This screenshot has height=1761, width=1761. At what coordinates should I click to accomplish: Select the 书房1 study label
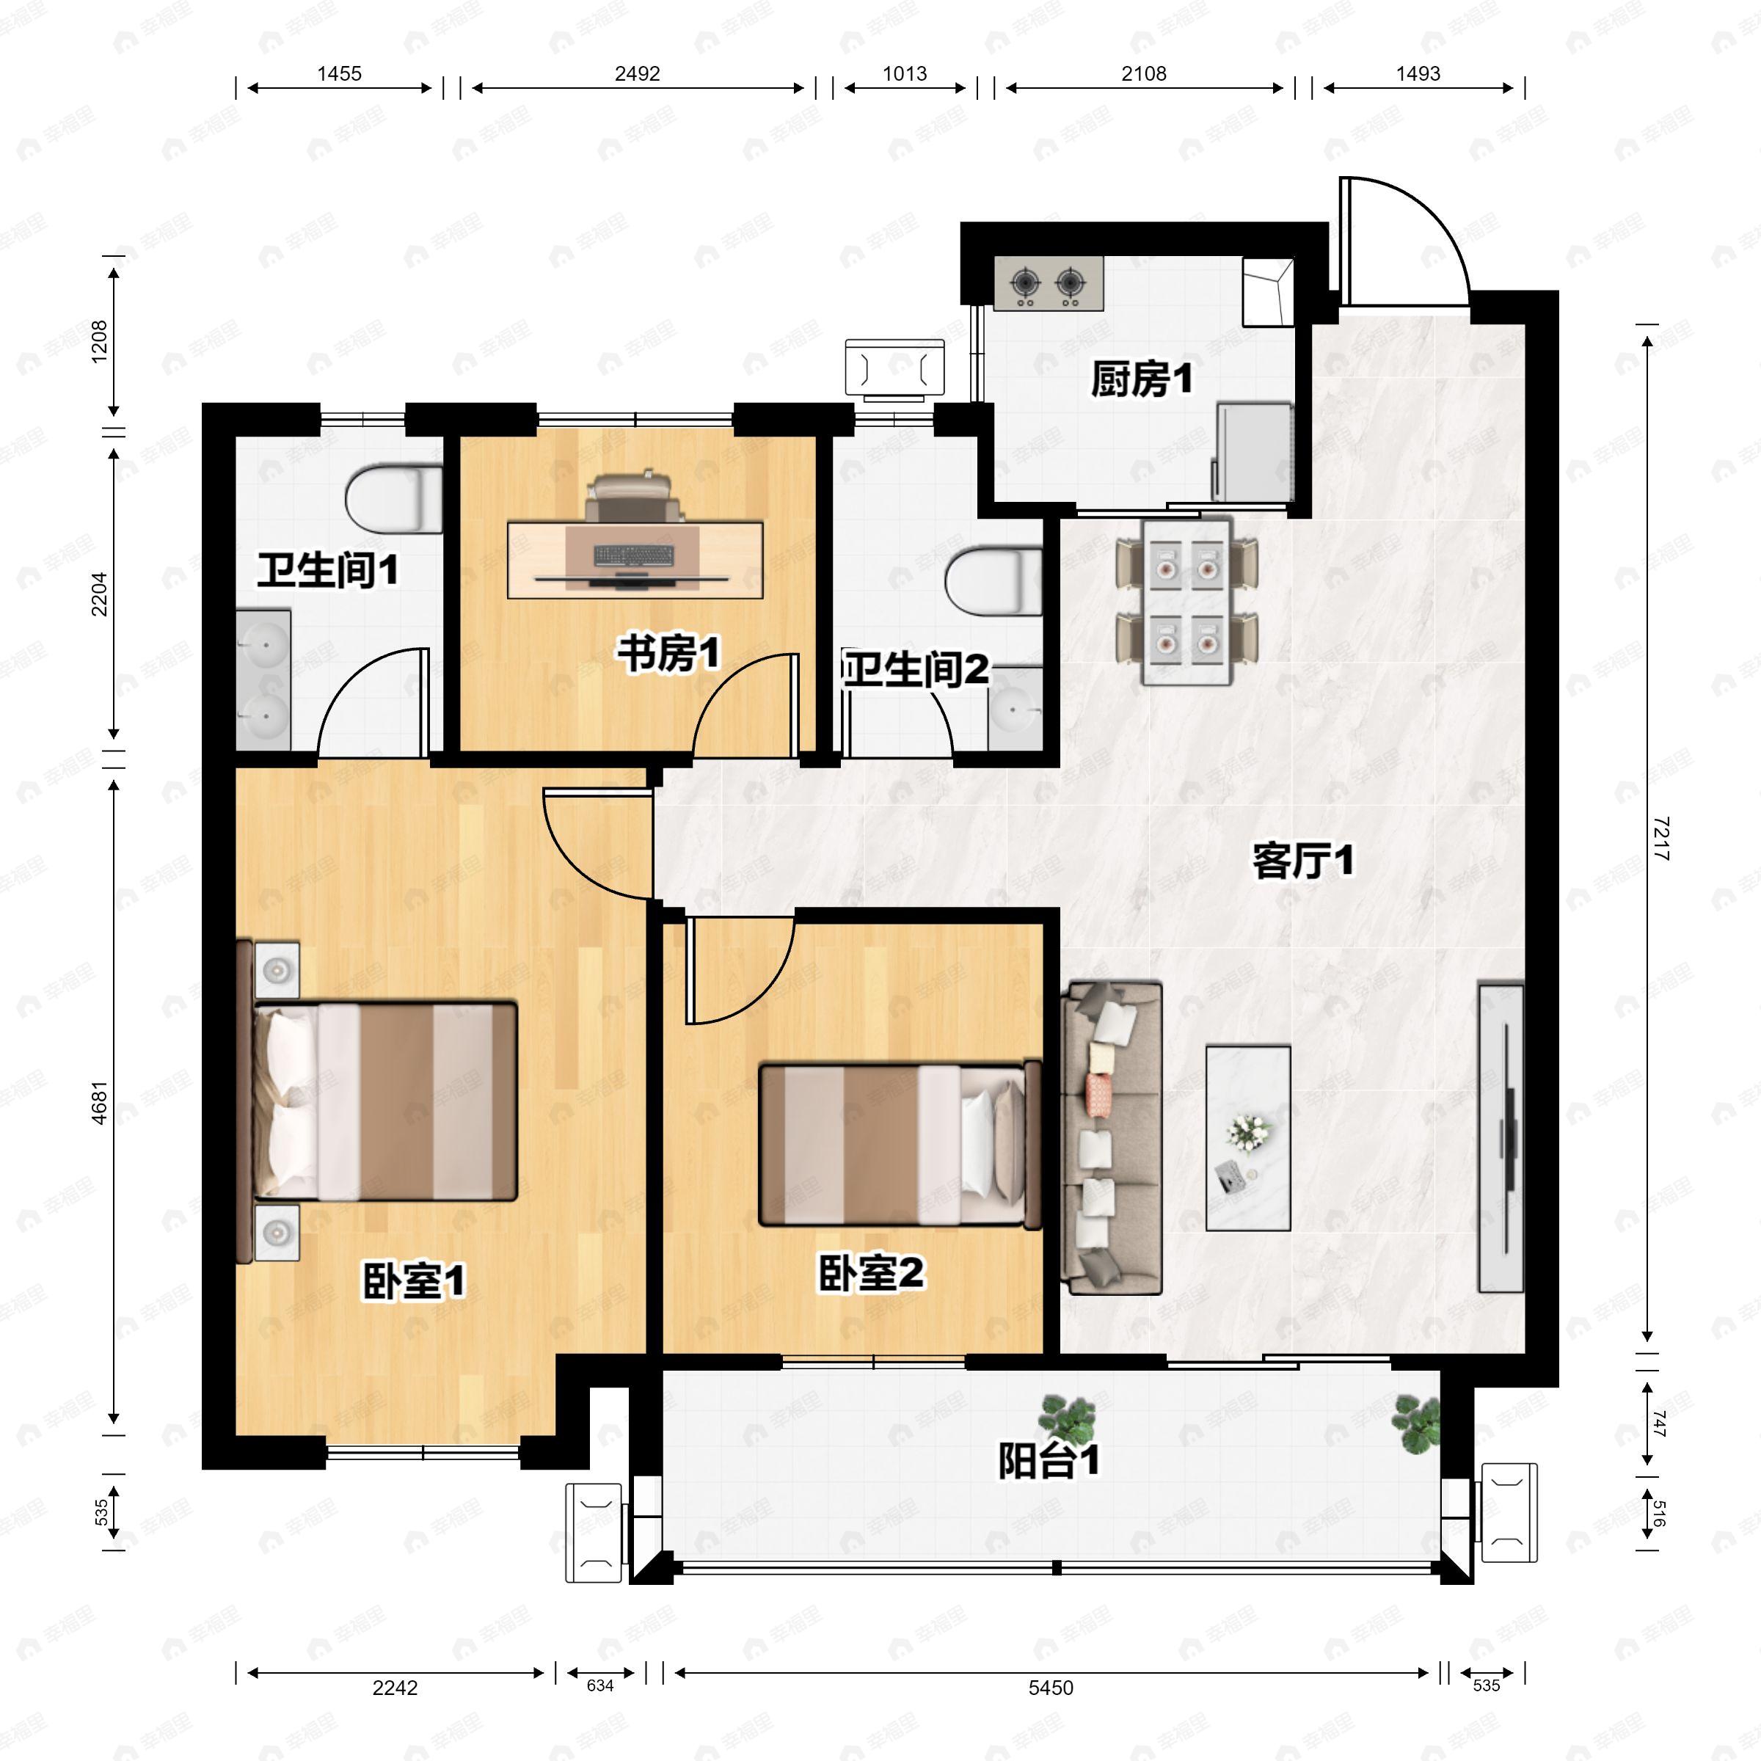coord(669,654)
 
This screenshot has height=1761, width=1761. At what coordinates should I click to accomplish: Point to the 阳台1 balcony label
coord(1049,1460)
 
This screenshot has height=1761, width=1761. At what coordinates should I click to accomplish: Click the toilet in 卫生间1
coord(394,499)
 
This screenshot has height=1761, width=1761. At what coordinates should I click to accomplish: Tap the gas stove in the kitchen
coord(1049,282)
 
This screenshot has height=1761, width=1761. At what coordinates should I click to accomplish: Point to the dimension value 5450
coord(1051,1688)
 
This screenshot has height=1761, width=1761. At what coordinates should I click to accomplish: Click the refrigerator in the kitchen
coord(1254,452)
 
